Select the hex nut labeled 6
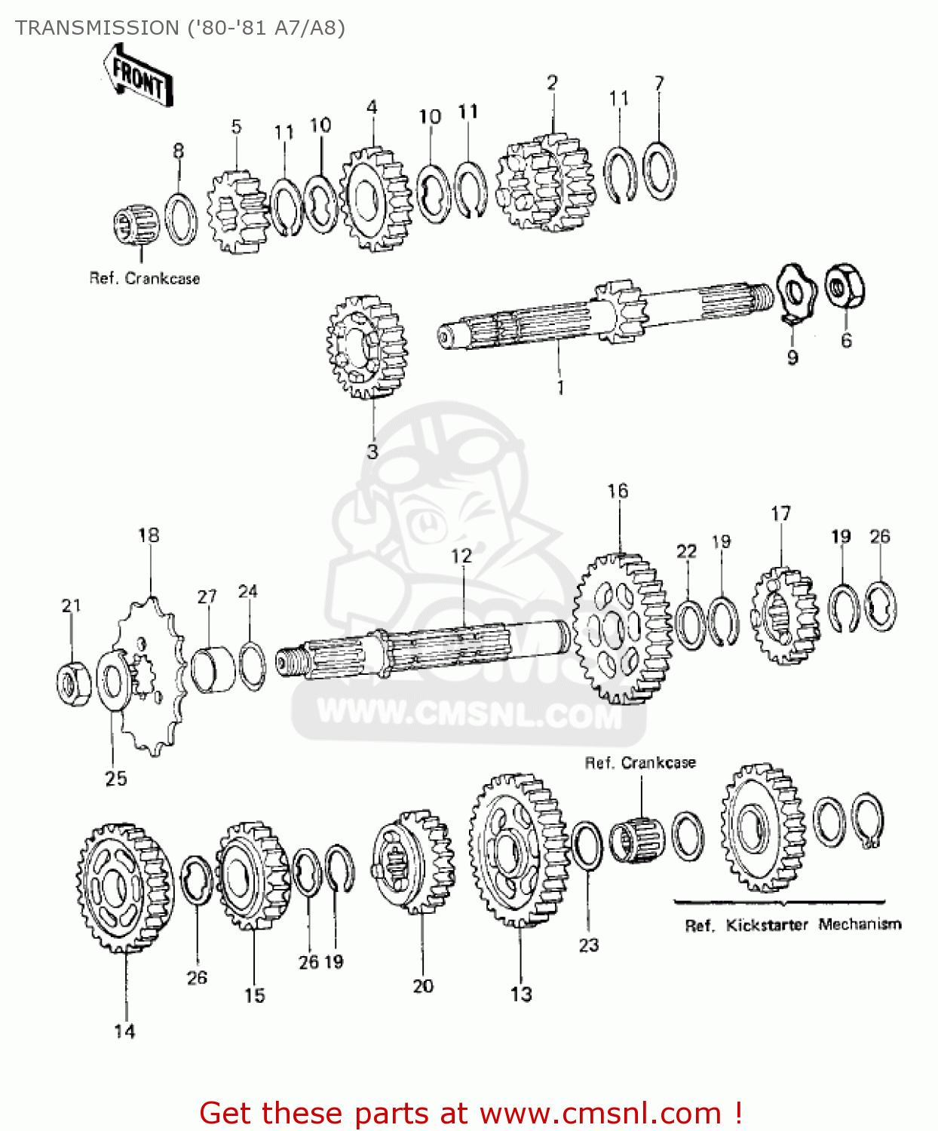(845, 287)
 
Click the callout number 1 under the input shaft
(560, 388)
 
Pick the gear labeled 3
(367, 347)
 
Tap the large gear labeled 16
(621, 629)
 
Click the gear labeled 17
(784, 615)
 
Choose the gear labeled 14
(124, 887)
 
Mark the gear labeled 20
(414, 861)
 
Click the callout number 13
(521, 994)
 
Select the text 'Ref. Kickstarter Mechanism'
(792, 925)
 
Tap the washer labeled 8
(180, 219)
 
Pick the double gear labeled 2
(544, 182)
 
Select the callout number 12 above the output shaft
(461, 556)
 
